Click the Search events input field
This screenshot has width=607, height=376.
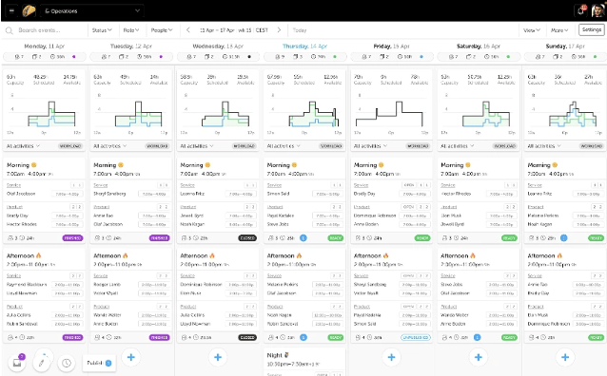pyautogui.click(x=48, y=30)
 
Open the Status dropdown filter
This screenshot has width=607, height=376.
pyautogui.click(x=100, y=30)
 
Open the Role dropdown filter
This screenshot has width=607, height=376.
pyautogui.click(x=129, y=30)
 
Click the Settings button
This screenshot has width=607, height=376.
pyautogui.click(x=591, y=30)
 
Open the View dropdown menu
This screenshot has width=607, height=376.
pyautogui.click(x=531, y=30)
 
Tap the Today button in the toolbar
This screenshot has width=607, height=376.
pyautogui.click(x=301, y=30)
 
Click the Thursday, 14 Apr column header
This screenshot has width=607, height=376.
pyautogui.click(x=303, y=45)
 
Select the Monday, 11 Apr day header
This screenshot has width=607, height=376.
pyautogui.click(x=44, y=45)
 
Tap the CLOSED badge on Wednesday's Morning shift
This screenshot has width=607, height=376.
pyautogui.click(x=247, y=237)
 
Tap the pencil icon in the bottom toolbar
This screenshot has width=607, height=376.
pyautogui.click(x=42, y=362)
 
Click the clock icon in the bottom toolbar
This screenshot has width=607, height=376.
pyautogui.click(x=67, y=363)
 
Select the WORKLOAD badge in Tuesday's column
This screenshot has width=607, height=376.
pyautogui.click(x=158, y=146)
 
